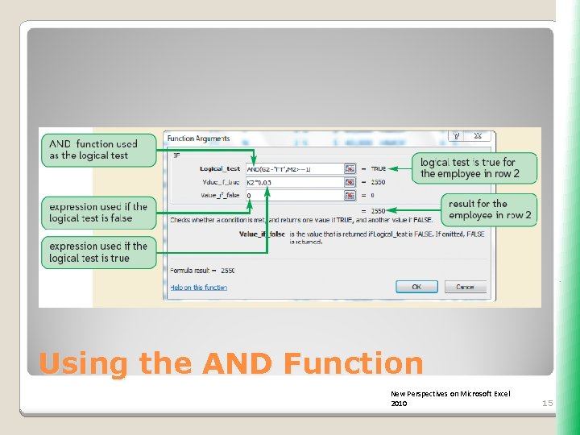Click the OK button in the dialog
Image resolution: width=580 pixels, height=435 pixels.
pos(416,287)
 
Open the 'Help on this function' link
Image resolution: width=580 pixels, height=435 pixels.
pos(198,288)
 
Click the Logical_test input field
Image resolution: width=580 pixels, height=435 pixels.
pos(294,169)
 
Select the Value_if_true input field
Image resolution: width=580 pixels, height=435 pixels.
pos(294,182)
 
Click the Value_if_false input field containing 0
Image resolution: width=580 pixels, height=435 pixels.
pos(294,195)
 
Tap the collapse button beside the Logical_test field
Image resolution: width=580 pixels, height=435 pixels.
pos(350,169)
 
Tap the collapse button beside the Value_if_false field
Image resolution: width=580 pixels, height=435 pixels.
pos(350,195)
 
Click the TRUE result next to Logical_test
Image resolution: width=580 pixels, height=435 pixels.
pos(379,169)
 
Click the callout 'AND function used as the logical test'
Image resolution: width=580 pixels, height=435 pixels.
pos(99,150)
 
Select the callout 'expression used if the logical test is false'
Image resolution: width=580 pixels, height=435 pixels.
pos(99,213)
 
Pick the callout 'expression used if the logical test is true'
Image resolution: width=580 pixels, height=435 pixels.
pos(99,252)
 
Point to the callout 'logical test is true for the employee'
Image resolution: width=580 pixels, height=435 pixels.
pos(474,168)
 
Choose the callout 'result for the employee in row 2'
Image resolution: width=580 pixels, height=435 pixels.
pos(489,209)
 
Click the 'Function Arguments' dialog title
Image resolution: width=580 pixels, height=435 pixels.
pos(198,139)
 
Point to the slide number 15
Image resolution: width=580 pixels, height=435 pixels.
pos(547,403)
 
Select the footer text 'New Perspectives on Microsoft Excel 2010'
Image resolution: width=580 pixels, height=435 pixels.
pos(449,398)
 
